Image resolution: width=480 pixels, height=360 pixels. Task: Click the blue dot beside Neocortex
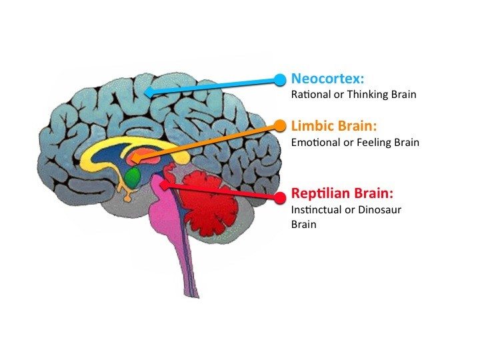[280, 79]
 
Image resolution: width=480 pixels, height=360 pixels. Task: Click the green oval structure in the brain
[133, 177]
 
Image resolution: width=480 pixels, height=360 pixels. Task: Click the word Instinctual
[317, 210]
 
